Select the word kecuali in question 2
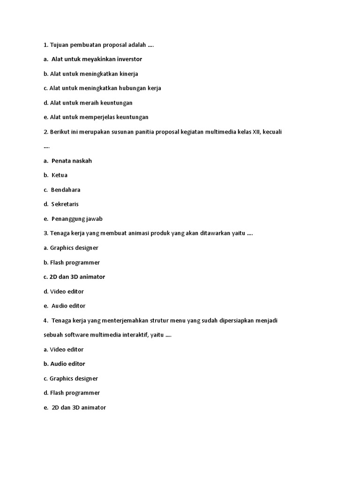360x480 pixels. (x=272, y=132)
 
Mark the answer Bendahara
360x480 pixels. (x=66, y=190)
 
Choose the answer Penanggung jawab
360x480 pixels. (x=77, y=219)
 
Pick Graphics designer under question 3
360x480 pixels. (x=74, y=248)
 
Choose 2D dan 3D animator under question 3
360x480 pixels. (x=77, y=277)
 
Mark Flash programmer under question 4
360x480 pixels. (x=75, y=393)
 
